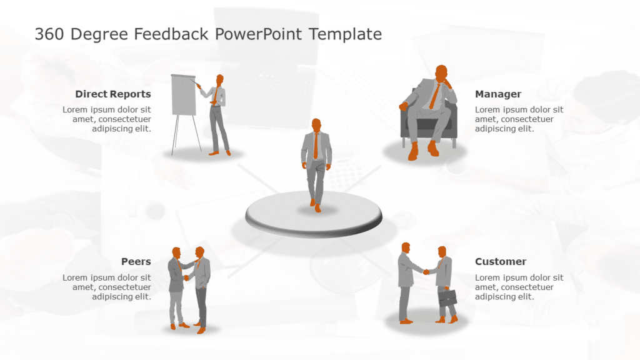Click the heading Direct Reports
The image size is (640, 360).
(113, 94)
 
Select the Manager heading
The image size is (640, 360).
(498, 94)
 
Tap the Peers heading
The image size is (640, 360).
(136, 262)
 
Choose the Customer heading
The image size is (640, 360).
(501, 262)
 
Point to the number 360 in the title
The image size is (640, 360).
(49, 34)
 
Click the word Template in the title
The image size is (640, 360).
(345, 34)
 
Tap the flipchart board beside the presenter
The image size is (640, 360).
(184, 95)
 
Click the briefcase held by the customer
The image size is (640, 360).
(447, 298)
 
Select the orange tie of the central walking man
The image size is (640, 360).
(316, 146)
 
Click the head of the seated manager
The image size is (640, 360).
(441, 72)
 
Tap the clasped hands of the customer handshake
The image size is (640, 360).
(426, 272)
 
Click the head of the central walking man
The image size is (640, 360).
(316, 124)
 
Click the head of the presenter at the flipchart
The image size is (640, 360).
(220, 80)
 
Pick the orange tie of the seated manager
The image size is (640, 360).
(434, 97)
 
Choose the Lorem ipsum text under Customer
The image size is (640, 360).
(519, 287)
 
